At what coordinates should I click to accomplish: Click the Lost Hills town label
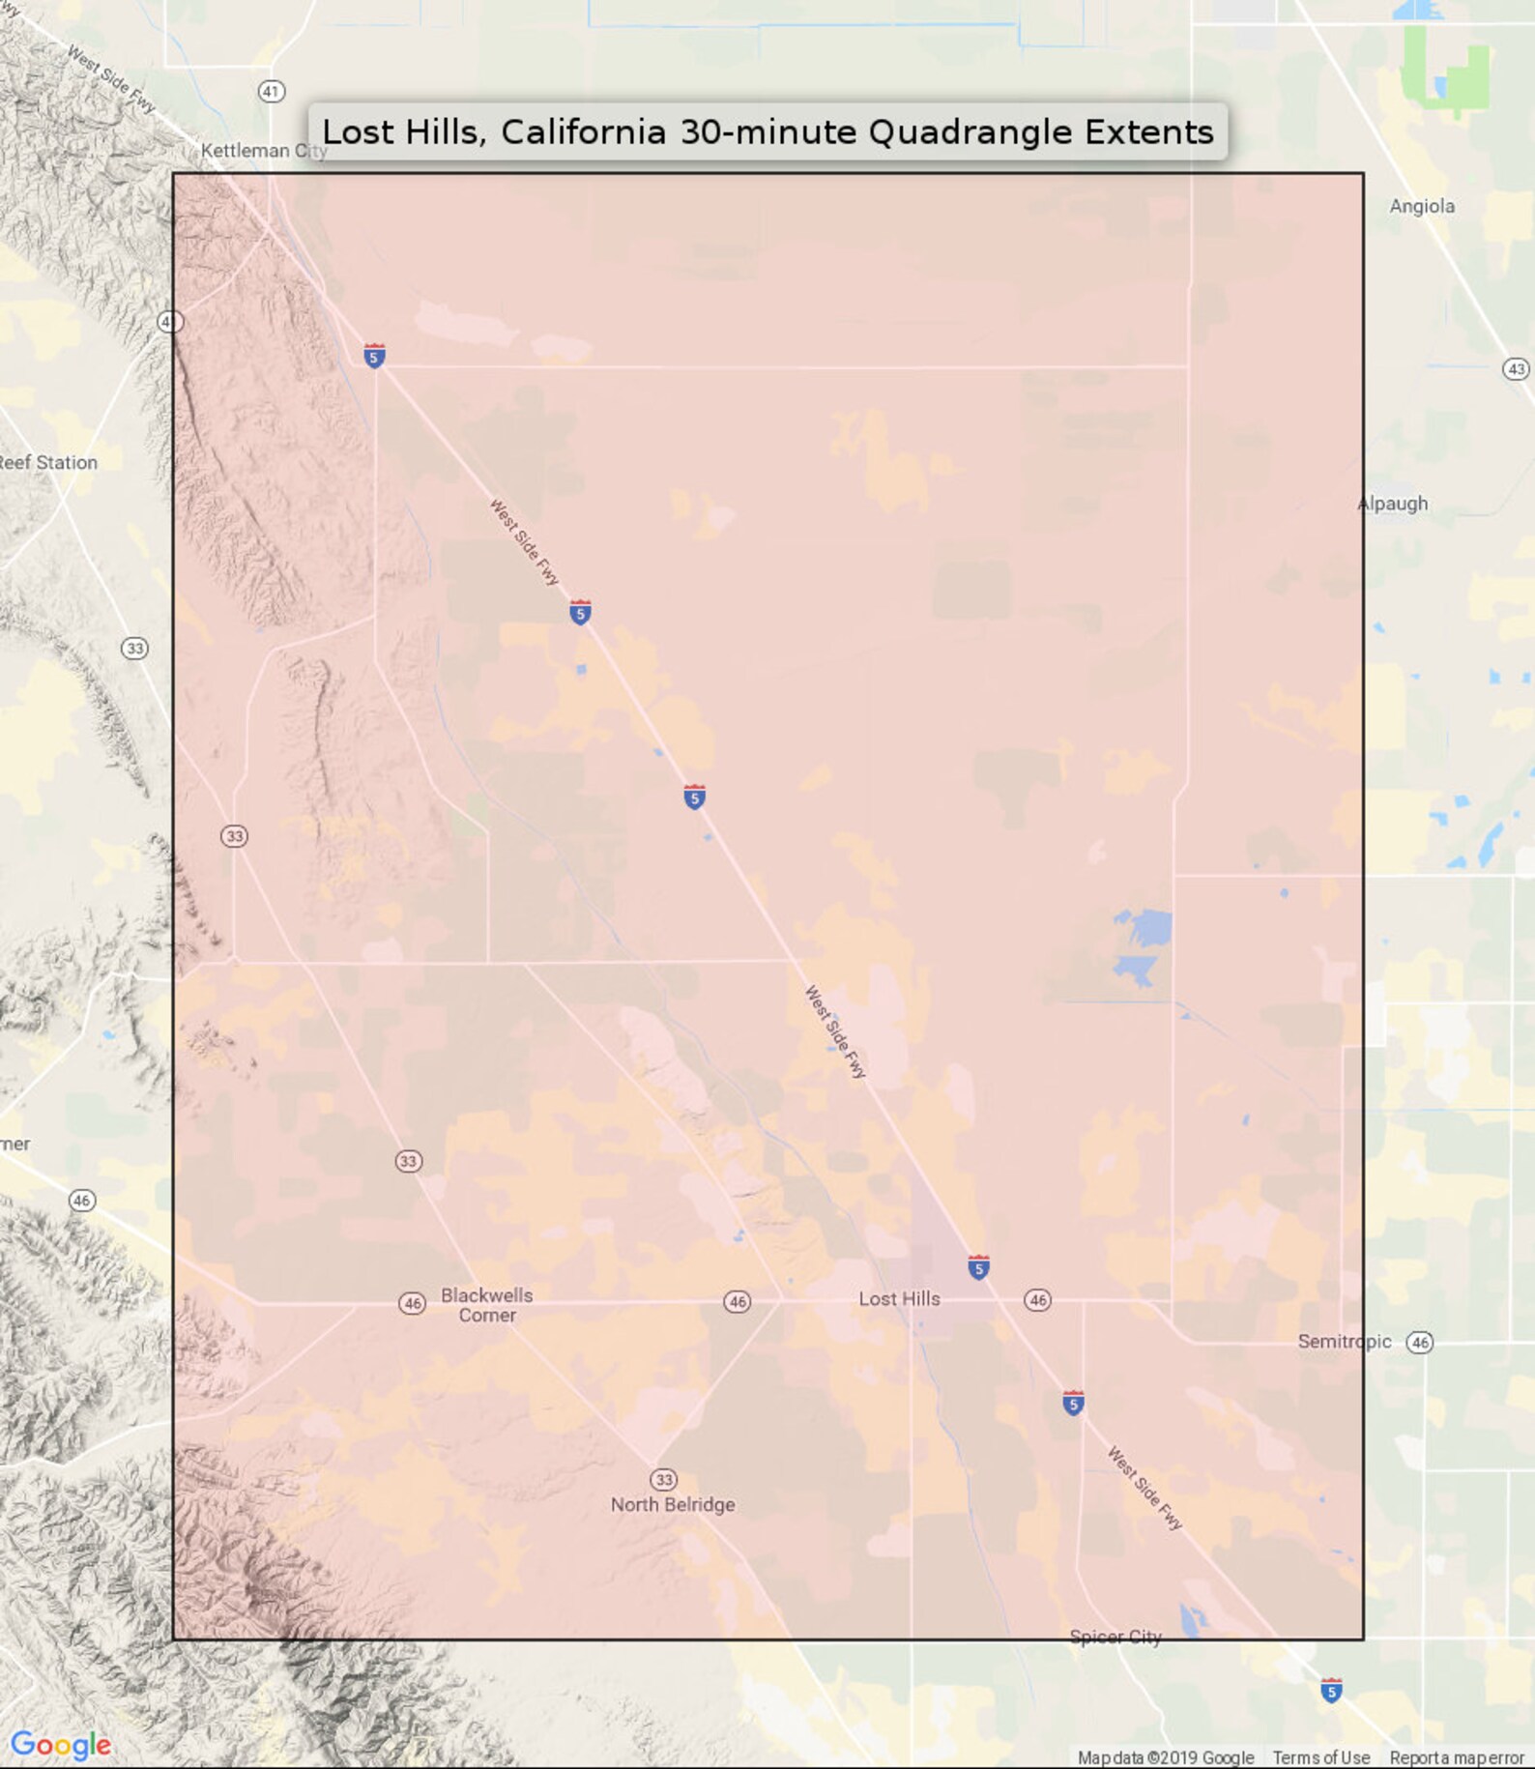899,1299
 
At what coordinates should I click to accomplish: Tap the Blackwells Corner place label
487,1305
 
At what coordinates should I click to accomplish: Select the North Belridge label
673,1504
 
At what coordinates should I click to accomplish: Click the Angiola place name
1421,206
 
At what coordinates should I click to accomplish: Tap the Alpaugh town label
1393,504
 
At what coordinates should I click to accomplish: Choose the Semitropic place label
1344,1342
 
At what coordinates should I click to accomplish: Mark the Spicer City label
1115,1637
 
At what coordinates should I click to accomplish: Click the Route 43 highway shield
1516,369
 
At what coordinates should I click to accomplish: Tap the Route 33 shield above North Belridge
663,1480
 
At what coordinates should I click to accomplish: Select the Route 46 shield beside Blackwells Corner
413,1303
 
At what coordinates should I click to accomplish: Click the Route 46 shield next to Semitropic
1419,1342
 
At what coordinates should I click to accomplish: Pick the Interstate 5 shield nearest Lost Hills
978,1267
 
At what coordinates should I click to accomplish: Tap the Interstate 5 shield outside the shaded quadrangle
1331,1691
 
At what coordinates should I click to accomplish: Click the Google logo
60,1744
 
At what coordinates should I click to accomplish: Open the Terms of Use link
1320,1757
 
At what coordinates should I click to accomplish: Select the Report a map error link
1456,1757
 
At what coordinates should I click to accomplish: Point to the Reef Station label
48,463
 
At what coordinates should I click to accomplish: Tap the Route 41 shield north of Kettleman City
272,92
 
